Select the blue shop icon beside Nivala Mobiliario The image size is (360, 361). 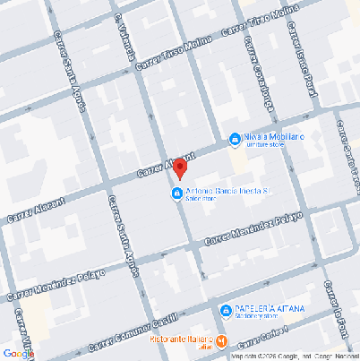tap(234, 139)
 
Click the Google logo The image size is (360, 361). tap(19, 353)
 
